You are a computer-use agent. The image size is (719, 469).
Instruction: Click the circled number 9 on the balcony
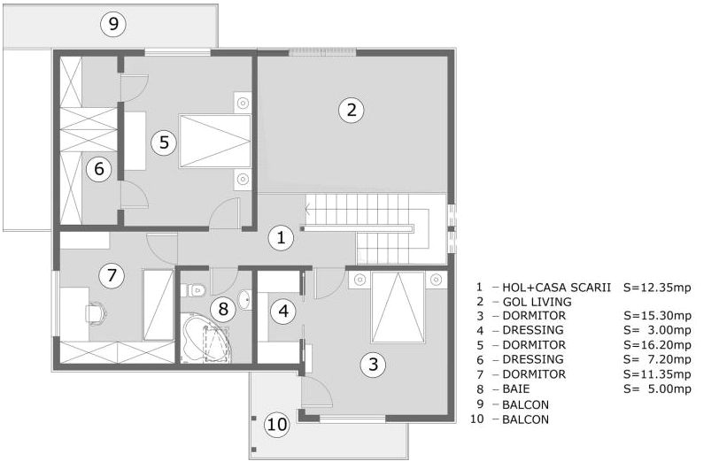click(x=112, y=24)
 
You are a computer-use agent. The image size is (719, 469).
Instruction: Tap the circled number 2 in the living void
click(x=351, y=110)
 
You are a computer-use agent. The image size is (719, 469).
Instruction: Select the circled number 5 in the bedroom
click(x=161, y=141)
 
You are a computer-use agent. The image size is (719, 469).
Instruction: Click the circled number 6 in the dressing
click(x=98, y=167)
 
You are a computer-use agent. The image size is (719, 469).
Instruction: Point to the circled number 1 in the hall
click(x=281, y=237)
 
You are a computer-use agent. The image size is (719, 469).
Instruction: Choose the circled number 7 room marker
click(x=111, y=275)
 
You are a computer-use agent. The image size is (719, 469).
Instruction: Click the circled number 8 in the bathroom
click(x=223, y=309)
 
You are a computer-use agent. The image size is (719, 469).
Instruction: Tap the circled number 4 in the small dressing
click(x=283, y=311)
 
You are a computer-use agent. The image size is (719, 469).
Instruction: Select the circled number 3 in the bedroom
click(x=374, y=363)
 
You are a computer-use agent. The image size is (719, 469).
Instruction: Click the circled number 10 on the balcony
click(x=277, y=425)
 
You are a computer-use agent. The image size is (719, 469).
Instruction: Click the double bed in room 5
click(x=214, y=140)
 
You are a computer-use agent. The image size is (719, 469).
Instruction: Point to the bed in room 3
click(x=397, y=307)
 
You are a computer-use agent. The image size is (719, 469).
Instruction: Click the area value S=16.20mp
click(x=657, y=344)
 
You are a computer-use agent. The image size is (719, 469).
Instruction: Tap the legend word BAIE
click(x=518, y=388)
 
